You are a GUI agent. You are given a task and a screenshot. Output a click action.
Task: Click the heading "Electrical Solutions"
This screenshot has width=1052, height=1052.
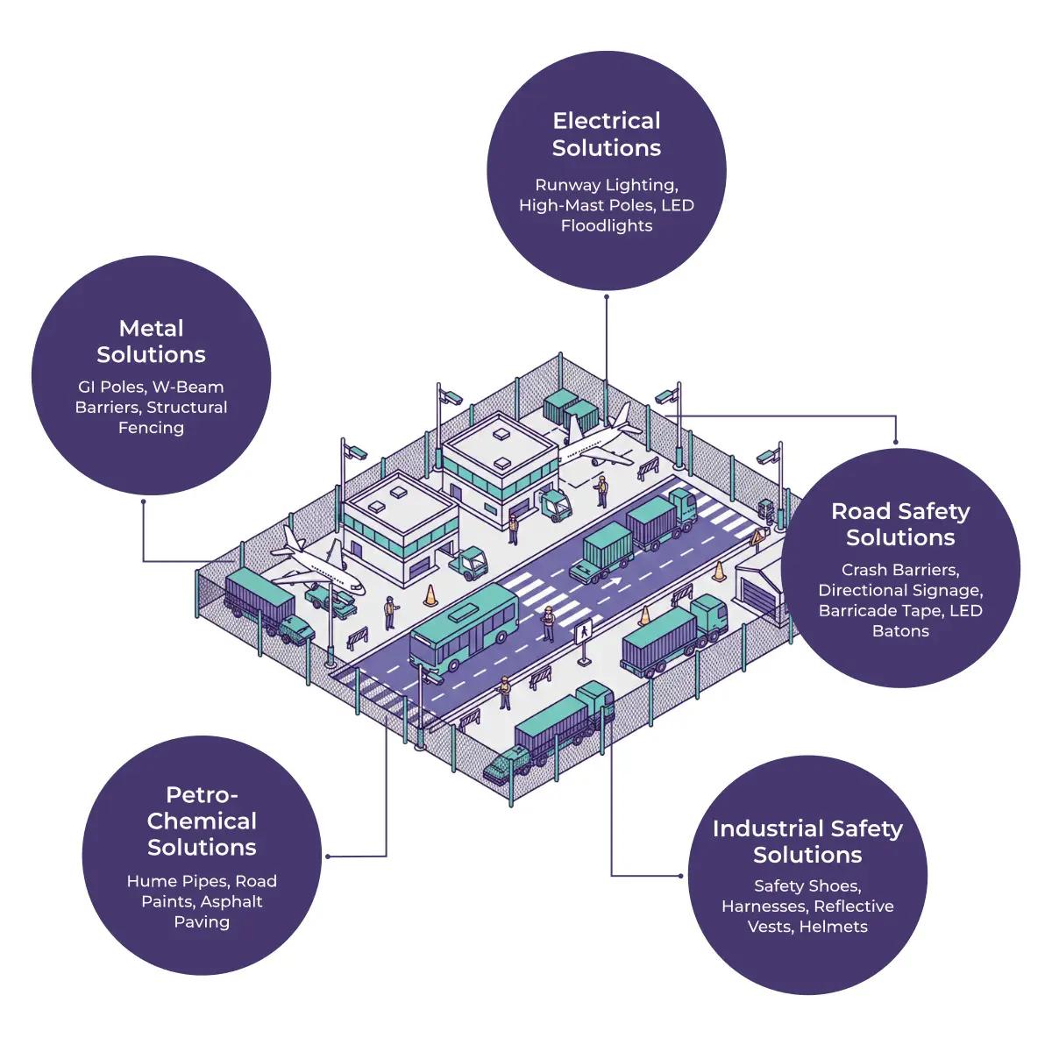[607, 134]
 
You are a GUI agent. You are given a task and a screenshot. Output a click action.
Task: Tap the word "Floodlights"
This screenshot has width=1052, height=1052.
[607, 226]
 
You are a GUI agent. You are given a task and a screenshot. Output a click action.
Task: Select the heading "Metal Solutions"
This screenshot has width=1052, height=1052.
[151, 341]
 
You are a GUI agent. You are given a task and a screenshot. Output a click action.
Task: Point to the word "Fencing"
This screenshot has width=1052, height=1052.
[151, 428]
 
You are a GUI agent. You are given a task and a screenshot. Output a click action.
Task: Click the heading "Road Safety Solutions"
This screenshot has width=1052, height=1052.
[900, 524]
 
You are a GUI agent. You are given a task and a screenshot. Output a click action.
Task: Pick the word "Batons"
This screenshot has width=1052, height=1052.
[900, 631]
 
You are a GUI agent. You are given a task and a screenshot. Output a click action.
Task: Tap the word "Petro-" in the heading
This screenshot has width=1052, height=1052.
[202, 795]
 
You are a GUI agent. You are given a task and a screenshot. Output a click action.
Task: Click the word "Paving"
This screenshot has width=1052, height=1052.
[202, 922]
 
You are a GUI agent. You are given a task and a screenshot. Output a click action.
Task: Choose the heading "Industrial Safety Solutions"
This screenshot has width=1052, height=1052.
[807, 842]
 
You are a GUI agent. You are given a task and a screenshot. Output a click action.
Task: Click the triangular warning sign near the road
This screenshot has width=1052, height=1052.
[757, 537]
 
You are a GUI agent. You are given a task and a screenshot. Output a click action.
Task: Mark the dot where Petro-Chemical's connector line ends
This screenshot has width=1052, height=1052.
[328, 857]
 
